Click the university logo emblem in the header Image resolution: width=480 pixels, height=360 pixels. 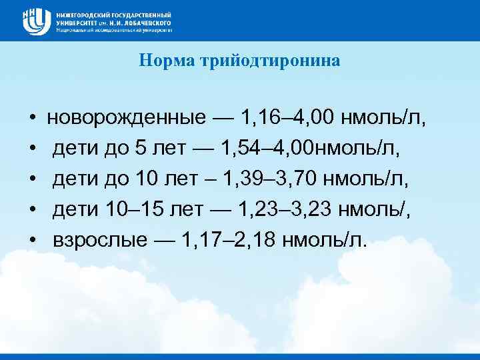tap(36, 21)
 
